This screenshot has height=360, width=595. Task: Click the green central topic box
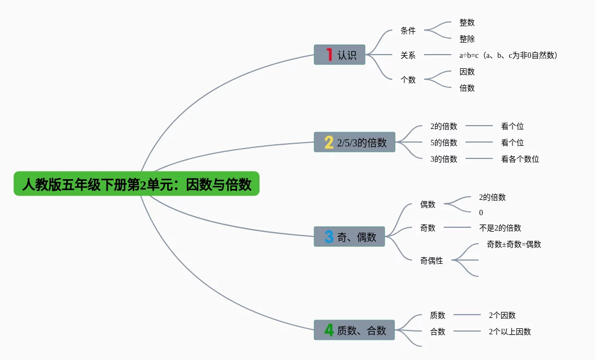[137, 184]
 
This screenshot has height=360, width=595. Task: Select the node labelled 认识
[339, 55]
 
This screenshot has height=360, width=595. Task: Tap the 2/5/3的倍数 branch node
[355, 142]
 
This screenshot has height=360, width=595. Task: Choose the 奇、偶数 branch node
[349, 237]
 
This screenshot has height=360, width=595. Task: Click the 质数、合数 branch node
[354, 330]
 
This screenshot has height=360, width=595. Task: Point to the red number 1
[329, 55]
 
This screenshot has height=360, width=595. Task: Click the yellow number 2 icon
[328, 143]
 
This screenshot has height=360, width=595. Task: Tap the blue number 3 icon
[329, 237]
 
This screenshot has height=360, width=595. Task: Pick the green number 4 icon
[329, 330]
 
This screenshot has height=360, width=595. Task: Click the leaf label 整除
[467, 39]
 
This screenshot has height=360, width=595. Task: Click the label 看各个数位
[520, 159]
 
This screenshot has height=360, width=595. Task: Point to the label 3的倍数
[444, 159]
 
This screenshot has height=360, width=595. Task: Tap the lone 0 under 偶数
[481, 213]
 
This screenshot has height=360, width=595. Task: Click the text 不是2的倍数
[500, 228]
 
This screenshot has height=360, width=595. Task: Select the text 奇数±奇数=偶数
[514, 244]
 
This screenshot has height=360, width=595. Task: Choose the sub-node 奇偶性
[431, 261]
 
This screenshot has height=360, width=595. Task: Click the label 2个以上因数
[510, 331]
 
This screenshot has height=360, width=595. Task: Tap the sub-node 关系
[408, 55]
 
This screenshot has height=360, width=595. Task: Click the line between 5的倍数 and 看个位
[479, 143]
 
